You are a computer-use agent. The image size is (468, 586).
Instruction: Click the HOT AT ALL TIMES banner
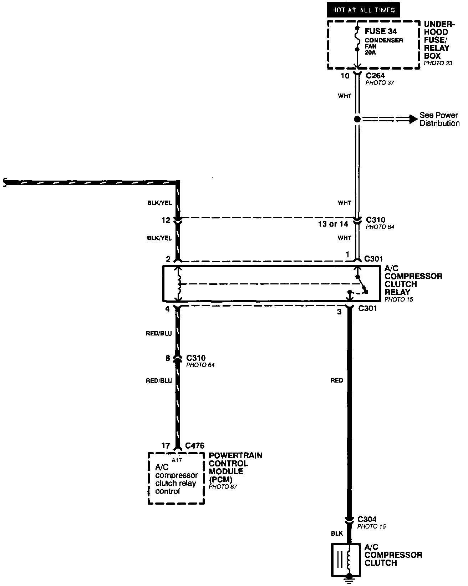(363, 10)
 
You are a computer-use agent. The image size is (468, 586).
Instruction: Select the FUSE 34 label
(380, 31)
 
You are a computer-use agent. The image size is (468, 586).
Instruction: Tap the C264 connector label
(375, 76)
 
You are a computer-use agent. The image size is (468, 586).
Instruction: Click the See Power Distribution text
(439, 119)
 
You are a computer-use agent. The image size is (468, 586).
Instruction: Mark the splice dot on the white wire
(357, 119)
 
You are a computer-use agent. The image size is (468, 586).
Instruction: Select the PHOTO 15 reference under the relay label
(398, 299)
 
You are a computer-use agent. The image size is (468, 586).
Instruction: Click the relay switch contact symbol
(361, 284)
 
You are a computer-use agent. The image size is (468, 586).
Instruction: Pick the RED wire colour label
(336, 380)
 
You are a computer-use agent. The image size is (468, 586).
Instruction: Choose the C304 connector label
(367, 519)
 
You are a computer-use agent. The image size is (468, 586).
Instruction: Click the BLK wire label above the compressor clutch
(337, 534)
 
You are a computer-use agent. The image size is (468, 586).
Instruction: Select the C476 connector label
(194, 446)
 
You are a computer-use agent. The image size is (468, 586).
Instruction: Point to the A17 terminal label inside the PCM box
(177, 460)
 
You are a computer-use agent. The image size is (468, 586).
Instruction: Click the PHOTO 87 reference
(223, 486)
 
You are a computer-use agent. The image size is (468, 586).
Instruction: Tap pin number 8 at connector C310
(168, 358)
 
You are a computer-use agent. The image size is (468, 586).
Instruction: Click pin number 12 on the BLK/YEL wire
(166, 221)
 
